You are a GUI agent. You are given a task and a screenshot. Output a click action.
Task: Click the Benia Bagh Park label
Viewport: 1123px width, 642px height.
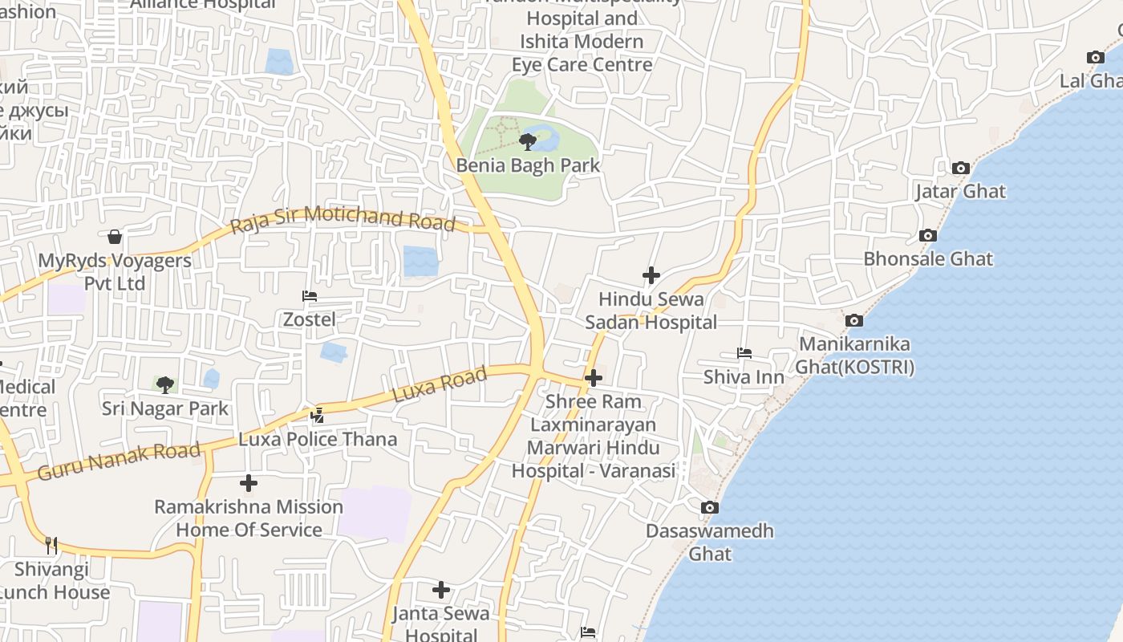coord(528,165)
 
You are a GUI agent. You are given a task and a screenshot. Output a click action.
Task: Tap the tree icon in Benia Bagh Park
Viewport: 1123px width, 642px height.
coord(528,142)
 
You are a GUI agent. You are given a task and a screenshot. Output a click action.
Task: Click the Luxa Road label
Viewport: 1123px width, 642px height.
coord(440,385)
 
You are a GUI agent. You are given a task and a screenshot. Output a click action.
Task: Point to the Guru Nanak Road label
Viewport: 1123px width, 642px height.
coord(118,461)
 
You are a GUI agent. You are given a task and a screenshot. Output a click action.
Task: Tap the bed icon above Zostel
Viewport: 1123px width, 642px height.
coord(310,296)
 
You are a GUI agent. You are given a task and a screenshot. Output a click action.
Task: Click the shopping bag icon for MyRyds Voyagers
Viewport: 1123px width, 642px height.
coord(115,237)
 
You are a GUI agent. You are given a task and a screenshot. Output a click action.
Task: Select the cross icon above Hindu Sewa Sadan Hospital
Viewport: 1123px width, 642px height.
coord(651,275)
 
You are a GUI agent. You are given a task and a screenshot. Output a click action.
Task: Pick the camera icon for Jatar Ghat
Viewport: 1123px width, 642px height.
coord(960,168)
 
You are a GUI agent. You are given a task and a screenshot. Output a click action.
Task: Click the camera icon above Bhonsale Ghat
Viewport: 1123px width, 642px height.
coord(928,235)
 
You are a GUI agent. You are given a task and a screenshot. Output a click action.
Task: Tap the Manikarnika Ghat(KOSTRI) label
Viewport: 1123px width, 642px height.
coord(854,356)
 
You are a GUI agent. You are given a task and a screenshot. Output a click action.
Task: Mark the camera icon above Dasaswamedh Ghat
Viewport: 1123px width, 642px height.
coord(710,507)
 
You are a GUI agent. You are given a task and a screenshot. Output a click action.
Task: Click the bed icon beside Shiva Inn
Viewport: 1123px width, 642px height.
coord(744,353)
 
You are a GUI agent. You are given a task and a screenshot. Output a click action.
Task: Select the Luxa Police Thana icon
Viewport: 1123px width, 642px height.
coord(318,415)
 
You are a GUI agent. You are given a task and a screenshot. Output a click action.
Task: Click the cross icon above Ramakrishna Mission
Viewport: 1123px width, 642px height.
coord(249,483)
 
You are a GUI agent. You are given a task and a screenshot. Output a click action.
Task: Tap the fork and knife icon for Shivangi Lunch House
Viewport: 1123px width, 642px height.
coord(51,546)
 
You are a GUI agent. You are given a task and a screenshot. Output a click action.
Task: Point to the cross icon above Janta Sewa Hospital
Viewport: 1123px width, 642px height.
coord(441,590)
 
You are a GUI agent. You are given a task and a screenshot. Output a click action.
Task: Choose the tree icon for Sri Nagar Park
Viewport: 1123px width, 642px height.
coord(165,384)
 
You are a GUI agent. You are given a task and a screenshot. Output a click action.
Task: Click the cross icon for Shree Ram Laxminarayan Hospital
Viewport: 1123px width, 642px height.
coord(594,378)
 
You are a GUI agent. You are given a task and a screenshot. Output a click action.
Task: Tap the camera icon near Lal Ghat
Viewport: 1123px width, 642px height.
coord(1095,57)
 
